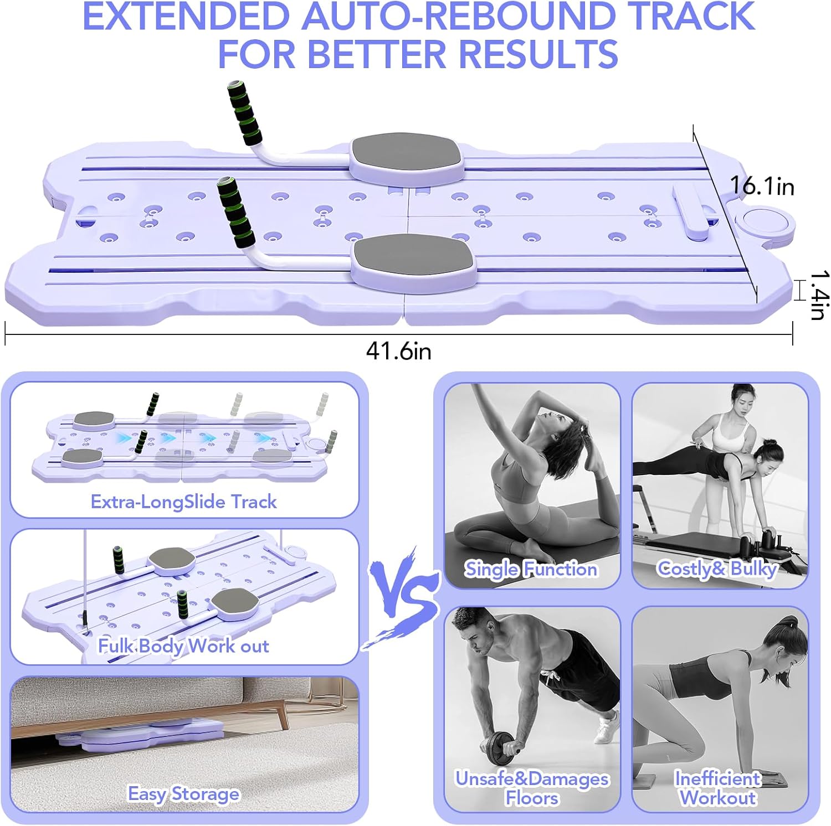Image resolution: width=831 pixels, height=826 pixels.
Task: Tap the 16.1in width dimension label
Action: pos(762,186)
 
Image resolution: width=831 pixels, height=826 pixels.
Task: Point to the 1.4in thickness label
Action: pos(818,295)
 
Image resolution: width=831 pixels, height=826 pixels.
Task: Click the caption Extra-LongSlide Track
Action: pos(183,502)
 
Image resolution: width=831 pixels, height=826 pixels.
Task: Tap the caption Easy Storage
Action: pos(183,793)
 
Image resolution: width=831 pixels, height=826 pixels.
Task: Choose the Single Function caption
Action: pos(531,569)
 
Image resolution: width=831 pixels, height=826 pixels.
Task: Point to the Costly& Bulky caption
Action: pos(717,569)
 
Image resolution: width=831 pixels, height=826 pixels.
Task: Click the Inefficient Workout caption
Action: pos(717,788)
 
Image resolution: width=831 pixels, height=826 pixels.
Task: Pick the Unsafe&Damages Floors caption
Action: pos(532,788)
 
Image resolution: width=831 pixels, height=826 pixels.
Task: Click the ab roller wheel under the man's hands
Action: pos(501,749)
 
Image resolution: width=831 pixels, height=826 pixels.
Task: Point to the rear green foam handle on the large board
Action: pos(244,113)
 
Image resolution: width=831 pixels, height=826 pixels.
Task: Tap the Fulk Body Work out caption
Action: pos(183,646)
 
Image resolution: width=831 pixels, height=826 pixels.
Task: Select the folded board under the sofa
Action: pos(144,734)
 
